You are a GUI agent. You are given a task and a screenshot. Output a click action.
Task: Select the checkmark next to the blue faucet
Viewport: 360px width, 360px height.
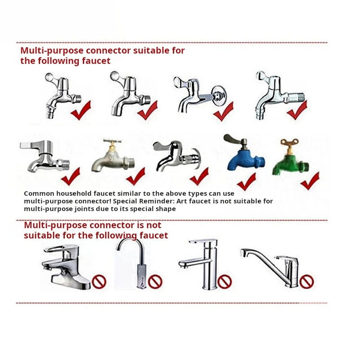[247, 181]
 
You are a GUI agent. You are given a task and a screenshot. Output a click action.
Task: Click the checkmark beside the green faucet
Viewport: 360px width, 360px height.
[310, 181]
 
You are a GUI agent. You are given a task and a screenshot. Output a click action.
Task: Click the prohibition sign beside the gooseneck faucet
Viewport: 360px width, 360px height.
[155, 282]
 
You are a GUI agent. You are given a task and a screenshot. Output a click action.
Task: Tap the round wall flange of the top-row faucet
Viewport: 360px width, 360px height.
[219, 95]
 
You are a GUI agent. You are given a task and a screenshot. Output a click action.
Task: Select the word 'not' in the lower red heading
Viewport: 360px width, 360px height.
[153, 225]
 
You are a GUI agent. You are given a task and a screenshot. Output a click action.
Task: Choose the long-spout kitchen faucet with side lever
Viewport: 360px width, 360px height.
[271, 268]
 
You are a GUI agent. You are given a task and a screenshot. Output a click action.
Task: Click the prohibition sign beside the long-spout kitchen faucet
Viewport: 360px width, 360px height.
[306, 282]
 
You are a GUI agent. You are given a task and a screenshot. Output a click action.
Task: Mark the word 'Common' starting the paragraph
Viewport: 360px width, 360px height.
[39, 193]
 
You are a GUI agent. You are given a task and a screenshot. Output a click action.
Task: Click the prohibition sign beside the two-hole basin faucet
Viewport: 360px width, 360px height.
[99, 282]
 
